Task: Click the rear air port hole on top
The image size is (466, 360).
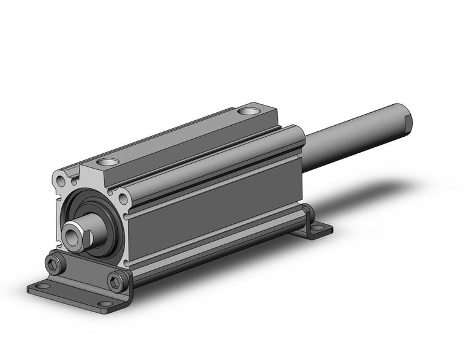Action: pos(248,112)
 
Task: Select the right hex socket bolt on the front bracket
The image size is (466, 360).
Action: pos(116,281)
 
